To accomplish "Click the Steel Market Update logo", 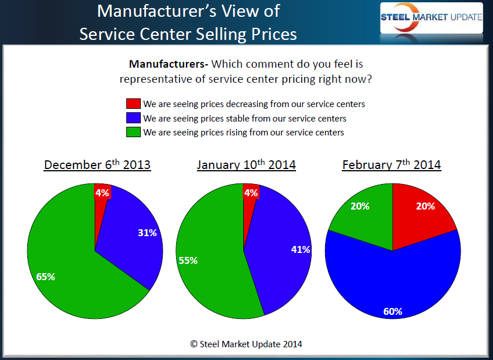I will point(430,17).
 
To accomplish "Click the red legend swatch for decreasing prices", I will point(133,104).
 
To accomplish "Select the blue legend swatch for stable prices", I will point(133,118).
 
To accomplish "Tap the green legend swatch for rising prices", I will point(133,132).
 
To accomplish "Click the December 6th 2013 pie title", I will point(97,165).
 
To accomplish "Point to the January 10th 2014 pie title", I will point(246,165).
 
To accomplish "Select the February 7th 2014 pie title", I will point(392,165).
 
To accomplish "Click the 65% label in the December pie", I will point(46,277).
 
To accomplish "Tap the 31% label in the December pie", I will point(147,233).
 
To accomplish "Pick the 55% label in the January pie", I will point(188,260).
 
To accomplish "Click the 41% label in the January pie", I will point(301,249).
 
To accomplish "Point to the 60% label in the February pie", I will point(392,311).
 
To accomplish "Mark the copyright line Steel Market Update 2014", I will point(246,344).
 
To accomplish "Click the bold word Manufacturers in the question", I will point(166,64).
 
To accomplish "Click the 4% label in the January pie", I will point(251,193).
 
